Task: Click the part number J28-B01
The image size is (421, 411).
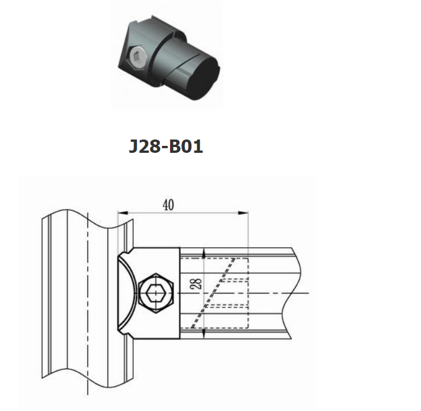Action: click(165, 146)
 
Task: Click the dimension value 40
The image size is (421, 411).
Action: click(168, 205)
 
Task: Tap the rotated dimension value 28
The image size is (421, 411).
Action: click(198, 284)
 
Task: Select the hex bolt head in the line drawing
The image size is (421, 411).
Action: click(156, 293)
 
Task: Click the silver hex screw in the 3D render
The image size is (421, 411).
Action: click(137, 57)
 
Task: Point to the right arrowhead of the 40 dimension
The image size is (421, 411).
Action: click(243, 213)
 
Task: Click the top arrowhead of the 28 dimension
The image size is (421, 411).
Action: click(204, 252)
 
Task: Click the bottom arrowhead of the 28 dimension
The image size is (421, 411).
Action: click(204, 333)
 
